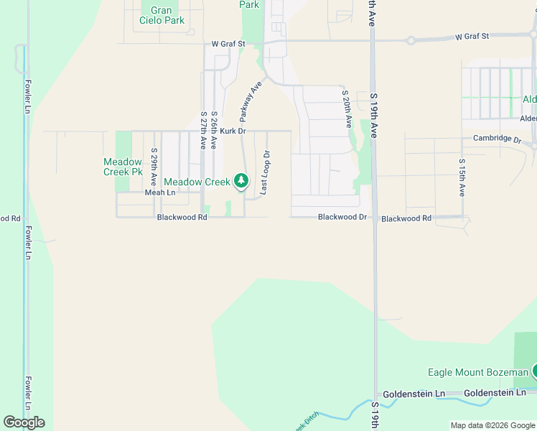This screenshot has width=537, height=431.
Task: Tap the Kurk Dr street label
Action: tap(233, 131)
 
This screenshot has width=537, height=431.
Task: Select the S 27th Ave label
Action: tap(204, 130)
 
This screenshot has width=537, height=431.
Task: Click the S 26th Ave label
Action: tap(214, 130)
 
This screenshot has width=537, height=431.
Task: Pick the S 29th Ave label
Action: tap(154, 167)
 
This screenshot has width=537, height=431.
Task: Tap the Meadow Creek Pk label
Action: tap(123, 167)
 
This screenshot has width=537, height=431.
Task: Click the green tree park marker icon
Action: tap(241, 182)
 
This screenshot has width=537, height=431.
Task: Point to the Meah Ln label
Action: tap(160, 193)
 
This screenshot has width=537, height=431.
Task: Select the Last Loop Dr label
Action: tap(265, 172)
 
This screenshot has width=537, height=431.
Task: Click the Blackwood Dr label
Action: tap(342, 217)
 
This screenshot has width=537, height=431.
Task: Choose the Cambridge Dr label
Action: tap(496, 139)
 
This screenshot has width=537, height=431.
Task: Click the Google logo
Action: tap(24, 422)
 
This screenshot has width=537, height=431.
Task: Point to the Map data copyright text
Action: tap(492, 425)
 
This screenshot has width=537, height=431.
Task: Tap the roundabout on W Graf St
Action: tap(411, 40)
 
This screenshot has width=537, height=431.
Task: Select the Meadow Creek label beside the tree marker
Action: tap(197, 182)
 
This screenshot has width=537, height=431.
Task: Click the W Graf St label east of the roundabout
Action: tap(472, 36)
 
